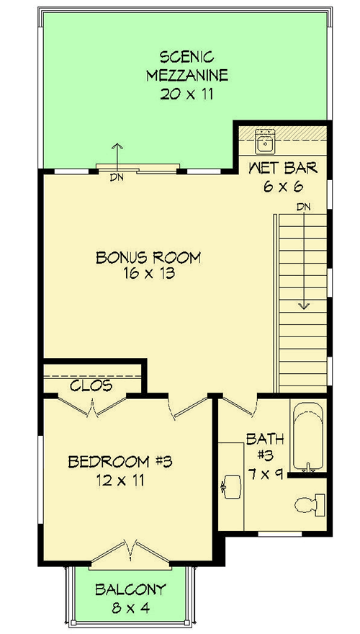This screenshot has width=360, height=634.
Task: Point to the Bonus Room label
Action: (x=148, y=257)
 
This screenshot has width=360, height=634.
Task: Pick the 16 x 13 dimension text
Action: (x=148, y=274)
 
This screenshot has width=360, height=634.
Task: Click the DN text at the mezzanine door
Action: (x=115, y=177)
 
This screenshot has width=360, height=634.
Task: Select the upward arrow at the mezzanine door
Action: (x=116, y=153)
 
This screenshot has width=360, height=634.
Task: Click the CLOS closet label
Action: (x=91, y=385)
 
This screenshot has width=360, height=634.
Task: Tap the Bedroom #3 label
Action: (x=117, y=461)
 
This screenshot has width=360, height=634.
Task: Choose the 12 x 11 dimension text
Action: (x=117, y=480)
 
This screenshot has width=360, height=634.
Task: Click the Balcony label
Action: (x=130, y=589)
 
